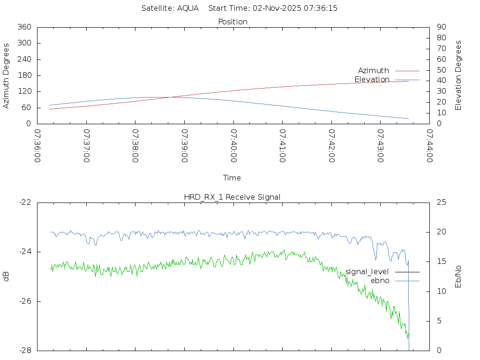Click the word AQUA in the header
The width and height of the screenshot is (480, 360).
coord(187,8)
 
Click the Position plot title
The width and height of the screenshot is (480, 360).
coord(233,22)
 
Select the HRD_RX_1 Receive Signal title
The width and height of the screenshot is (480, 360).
coord(232,197)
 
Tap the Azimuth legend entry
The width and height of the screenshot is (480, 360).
coord(374,71)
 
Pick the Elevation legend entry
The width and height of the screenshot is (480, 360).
coord(372,80)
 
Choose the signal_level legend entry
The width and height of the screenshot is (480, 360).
coord(367,272)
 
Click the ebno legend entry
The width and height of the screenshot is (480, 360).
coord(380,281)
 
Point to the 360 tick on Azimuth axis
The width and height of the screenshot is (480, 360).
coord(24,27)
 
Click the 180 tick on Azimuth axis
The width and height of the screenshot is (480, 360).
coord(24,75)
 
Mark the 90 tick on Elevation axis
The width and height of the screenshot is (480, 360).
coord(441,27)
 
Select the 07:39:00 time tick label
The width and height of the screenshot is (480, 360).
coord(184,146)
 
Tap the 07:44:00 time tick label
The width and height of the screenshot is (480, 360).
coord(429,146)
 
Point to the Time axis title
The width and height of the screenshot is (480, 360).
coord(232,178)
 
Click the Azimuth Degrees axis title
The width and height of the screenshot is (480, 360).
coord(7,75)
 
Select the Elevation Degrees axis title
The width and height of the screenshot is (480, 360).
coord(458,75)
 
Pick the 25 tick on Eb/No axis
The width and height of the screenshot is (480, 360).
coord(441,202)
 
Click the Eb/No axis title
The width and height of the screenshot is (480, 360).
coord(458,277)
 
